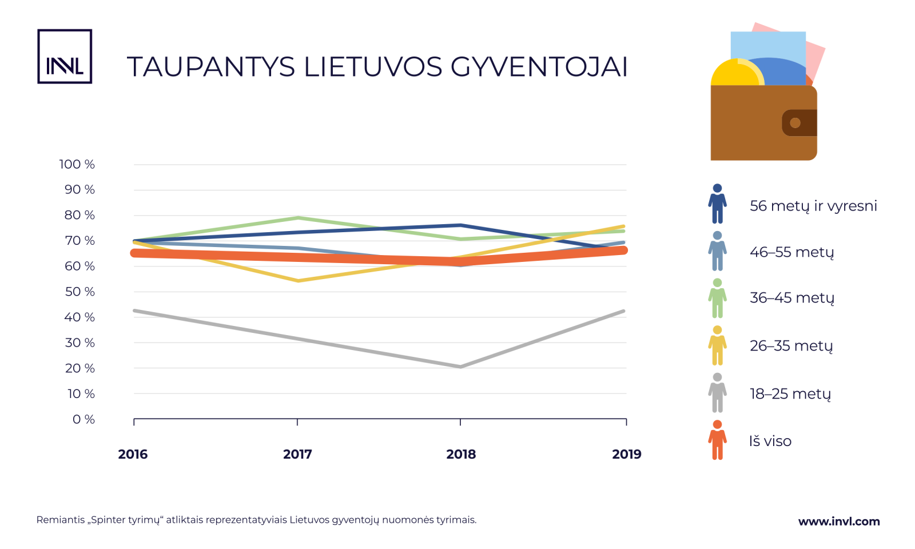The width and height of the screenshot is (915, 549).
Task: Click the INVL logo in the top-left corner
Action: point(65,57)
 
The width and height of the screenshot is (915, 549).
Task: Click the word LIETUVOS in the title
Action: point(373,67)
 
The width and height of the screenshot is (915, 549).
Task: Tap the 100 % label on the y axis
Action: point(77,165)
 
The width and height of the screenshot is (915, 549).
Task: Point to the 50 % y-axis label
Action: point(79,292)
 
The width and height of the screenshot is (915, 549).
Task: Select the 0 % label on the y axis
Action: point(83,419)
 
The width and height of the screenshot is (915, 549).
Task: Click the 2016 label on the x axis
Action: point(133,454)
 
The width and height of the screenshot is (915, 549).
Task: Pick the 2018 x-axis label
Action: point(461,454)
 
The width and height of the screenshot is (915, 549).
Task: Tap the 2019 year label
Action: point(627,454)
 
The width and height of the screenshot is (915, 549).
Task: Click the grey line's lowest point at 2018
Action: point(460,367)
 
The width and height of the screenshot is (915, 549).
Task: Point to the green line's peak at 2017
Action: point(298,218)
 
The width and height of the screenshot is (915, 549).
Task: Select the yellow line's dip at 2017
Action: point(298,280)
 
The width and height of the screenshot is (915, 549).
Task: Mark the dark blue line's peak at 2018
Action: point(460,225)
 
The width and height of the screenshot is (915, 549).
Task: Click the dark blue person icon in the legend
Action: point(717,204)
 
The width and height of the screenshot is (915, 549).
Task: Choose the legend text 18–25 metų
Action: point(790,394)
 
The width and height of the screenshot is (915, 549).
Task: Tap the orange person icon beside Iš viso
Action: point(717,440)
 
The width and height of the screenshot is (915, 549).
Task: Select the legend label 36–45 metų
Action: point(792,298)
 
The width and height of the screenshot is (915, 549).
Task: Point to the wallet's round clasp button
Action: point(795,123)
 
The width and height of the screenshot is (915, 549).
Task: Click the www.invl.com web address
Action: point(839,522)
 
